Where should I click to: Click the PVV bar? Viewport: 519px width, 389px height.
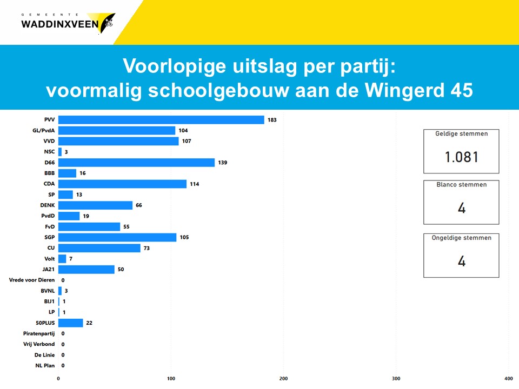(x=161, y=120)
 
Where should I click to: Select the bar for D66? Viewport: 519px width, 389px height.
(x=136, y=163)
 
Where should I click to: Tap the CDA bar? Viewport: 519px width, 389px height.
(x=122, y=184)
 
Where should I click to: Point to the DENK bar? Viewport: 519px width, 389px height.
(x=95, y=205)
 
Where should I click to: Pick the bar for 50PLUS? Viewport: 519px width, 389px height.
(x=71, y=323)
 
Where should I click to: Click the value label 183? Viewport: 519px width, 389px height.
(x=272, y=120)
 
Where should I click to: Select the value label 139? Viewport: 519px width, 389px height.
(x=222, y=163)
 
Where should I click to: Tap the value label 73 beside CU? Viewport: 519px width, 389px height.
(x=148, y=248)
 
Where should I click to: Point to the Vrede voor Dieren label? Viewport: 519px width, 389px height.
(x=32, y=280)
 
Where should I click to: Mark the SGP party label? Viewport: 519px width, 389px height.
(x=49, y=237)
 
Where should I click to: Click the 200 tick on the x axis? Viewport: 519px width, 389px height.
(x=283, y=379)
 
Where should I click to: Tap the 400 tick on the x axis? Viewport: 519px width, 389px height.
(x=508, y=379)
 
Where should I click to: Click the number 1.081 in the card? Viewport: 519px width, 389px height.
(x=461, y=157)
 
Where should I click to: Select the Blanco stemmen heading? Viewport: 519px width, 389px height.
(x=461, y=185)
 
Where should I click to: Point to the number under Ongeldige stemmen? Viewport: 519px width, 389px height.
(x=461, y=261)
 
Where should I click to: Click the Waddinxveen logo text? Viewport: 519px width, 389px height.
(x=59, y=23)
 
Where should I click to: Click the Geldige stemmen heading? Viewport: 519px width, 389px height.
(x=461, y=134)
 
